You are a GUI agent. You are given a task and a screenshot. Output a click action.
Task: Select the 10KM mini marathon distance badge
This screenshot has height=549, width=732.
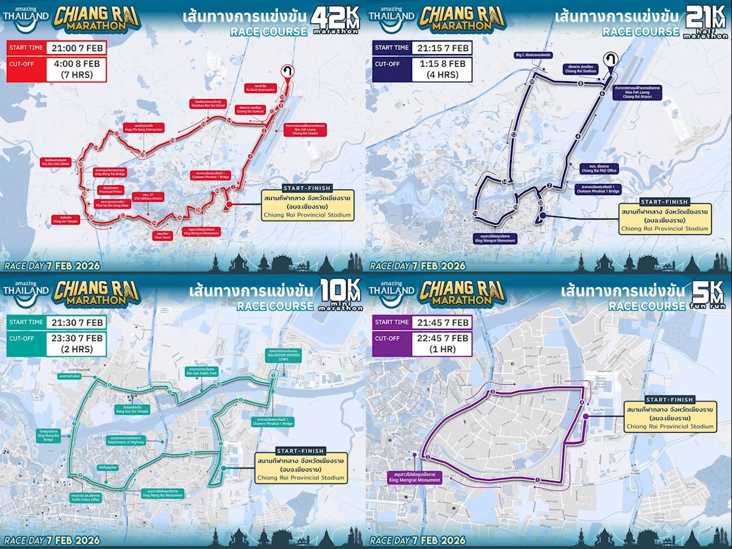337,297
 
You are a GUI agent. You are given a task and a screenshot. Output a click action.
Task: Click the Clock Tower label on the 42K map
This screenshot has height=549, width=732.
162,235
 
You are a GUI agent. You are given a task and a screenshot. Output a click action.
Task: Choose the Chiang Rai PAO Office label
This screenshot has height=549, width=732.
599,169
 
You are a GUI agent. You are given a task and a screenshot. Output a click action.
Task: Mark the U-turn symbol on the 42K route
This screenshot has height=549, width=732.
287,71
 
